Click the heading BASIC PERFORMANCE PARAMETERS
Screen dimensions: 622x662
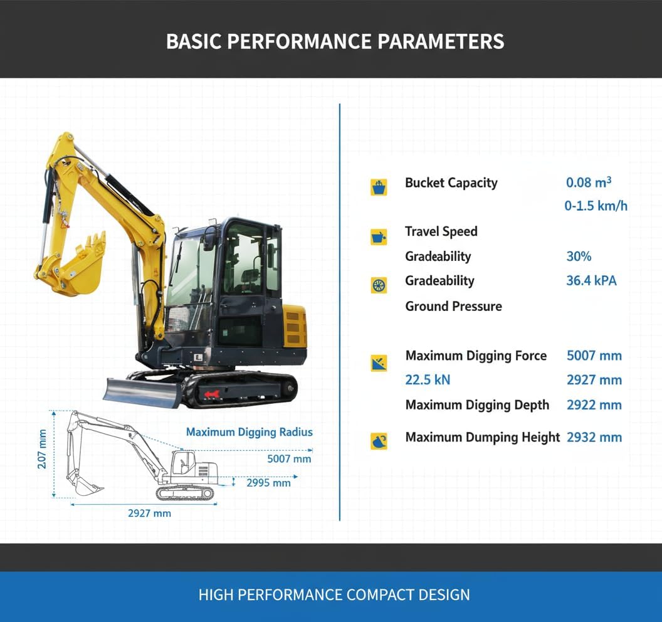[335, 41]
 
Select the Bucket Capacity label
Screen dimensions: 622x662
[451, 183]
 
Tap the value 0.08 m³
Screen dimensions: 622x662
[588, 182]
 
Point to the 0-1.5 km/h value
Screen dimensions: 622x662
[596, 206]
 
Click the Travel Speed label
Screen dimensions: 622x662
[441, 231]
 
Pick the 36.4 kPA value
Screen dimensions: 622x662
[591, 280]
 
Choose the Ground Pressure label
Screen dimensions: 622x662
[453, 306]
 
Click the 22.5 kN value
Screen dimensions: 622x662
[428, 380]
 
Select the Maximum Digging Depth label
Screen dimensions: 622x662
[477, 405]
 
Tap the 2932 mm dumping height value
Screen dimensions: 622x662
[594, 437]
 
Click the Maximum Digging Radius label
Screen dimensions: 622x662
[249, 432]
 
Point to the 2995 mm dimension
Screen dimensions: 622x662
[268, 483]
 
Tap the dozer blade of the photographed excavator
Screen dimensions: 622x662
[142, 391]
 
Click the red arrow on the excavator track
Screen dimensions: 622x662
[211, 393]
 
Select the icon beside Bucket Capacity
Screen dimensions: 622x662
[379, 186]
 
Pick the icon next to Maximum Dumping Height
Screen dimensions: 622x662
[379, 441]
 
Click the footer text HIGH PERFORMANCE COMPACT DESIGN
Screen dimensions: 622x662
[334, 594]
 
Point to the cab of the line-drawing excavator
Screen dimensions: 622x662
[182, 465]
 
